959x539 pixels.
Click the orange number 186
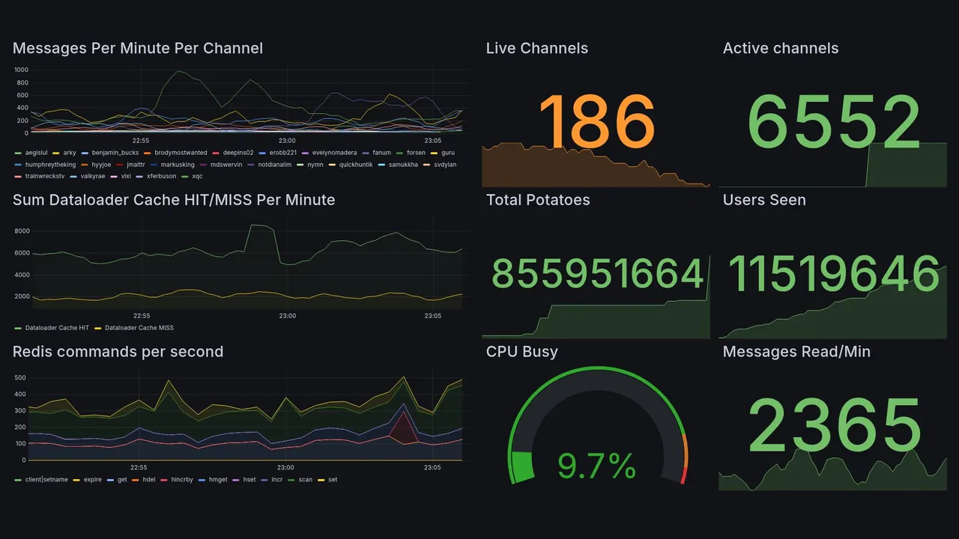coord(596,121)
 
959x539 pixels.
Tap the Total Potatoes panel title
coord(537,200)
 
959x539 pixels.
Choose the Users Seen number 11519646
coord(833,273)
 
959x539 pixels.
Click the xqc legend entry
coord(197,176)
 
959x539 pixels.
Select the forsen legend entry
coord(416,153)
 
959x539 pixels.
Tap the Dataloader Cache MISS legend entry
coord(139,328)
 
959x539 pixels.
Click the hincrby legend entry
coord(181,479)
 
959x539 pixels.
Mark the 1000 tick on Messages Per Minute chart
coord(21,70)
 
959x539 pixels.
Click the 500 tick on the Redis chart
coord(22,377)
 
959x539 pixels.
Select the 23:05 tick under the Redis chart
coord(433,467)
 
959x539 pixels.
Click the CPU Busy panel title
coord(521,352)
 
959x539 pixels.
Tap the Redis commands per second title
coord(118,352)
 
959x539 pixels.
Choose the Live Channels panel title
coord(536,48)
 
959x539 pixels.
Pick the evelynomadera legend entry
coord(334,153)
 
